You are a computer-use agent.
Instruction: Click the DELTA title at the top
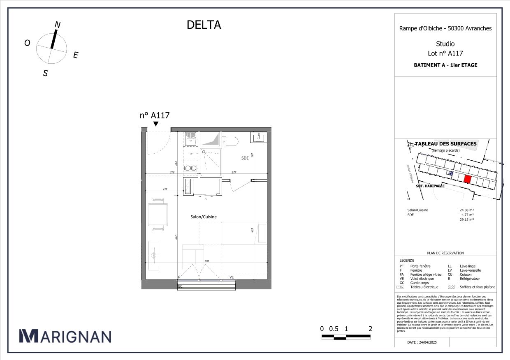[x=204, y=25]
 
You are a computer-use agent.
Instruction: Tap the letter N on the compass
[x=58, y=25]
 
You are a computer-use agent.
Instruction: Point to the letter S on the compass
[x=46, y=73]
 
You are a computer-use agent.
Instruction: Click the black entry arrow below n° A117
[x=155, y=124]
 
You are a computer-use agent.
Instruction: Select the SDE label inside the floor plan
[x=245, y=158]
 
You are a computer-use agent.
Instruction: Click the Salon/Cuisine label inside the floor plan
[x=203, y=217]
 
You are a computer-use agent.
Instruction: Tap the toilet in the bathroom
[x=231, y=141]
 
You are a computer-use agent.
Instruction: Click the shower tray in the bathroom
[x=211, y=163]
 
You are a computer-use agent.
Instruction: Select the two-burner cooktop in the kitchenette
[x=190, y=168]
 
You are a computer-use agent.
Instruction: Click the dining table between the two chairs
[x=158, y=214]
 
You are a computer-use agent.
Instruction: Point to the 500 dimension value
[x=207, y=261]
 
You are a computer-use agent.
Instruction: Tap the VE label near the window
[x=232, y=277]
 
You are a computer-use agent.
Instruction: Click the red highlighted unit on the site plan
[x=467, y=179]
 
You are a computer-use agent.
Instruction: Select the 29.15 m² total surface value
[x=466, y=220]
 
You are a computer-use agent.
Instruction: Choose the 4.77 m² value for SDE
[x=466, y=215]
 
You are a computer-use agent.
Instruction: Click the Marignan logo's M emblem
[x=28, y=336]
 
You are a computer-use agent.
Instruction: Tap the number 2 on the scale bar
[x=371, y=329]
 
